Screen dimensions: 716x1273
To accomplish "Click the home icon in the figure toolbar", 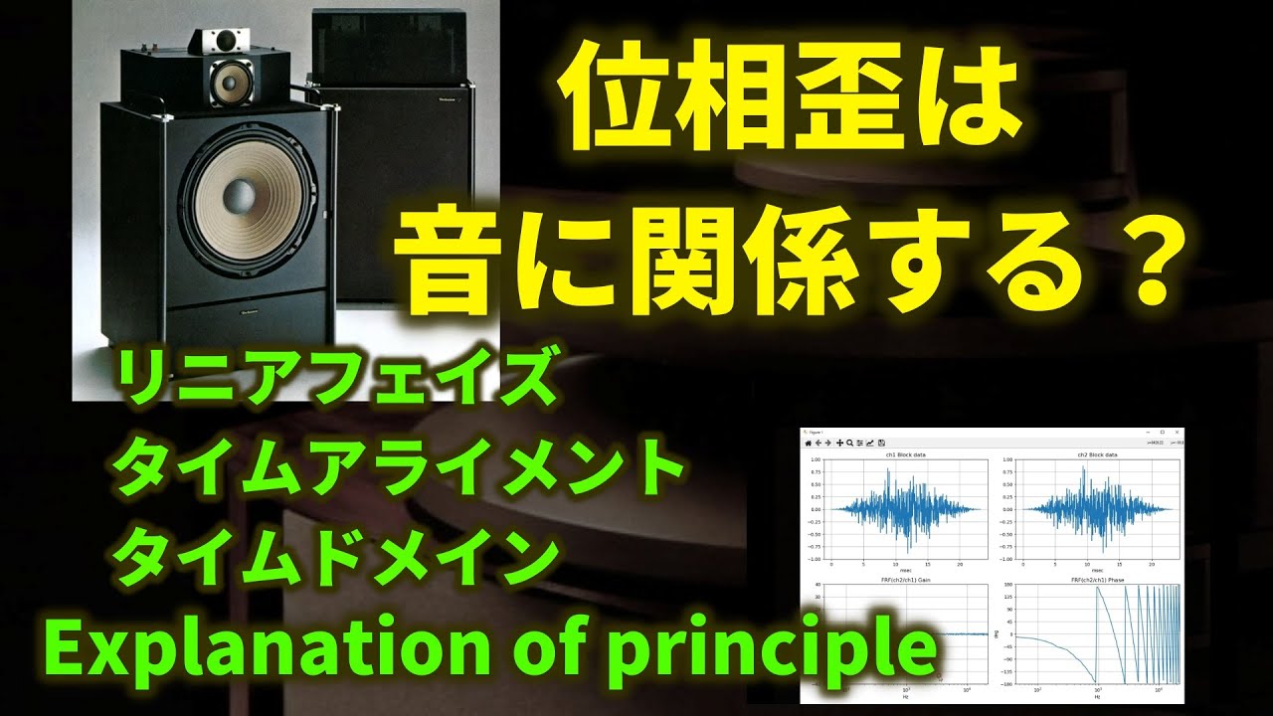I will click(809, 443).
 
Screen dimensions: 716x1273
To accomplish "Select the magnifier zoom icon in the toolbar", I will click(849, 443).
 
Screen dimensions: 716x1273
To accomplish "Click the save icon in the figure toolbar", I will click(881, 443).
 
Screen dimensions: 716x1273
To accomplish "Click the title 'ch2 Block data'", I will click(1097, 454).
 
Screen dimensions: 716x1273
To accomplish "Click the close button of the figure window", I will click(1177, 433).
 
